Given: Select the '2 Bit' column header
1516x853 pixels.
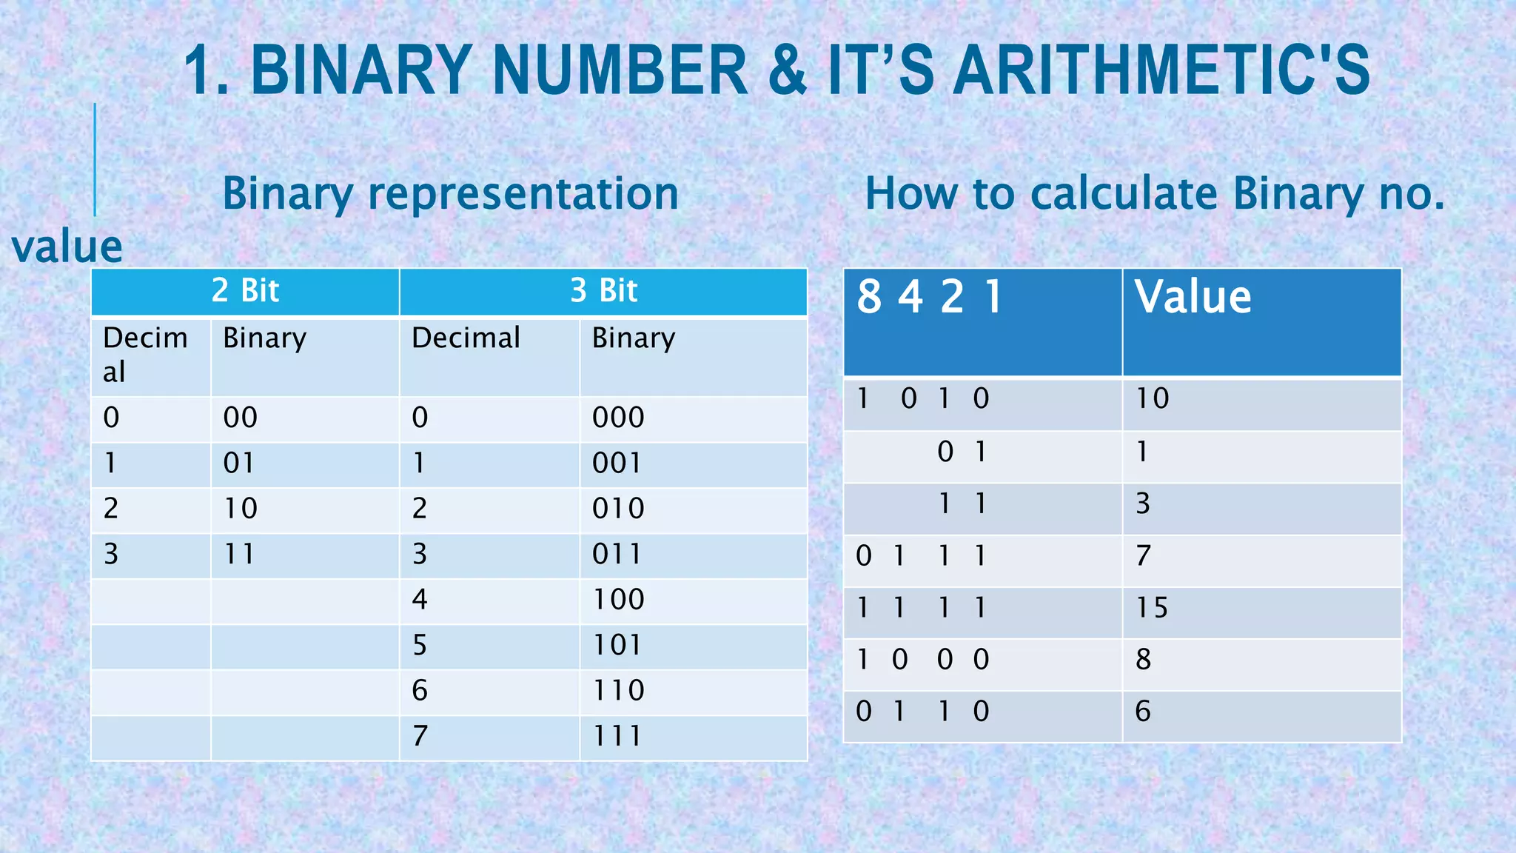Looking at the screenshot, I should tap(245, 290).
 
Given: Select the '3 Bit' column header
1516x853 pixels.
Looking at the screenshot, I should tap(603, 290).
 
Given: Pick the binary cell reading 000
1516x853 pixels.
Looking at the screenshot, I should tap(618, 418).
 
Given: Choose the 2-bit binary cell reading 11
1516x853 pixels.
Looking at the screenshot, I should tap(240, 554).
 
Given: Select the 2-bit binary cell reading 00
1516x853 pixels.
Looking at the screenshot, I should tap(240, 418).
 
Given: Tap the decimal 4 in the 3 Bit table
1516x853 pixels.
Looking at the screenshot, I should tap(420, 599).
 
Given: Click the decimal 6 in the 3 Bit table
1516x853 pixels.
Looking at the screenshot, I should tap(420, 690).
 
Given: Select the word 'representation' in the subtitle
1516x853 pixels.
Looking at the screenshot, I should tap(523, 194).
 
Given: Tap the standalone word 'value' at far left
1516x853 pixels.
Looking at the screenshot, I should tap(67, 247).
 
